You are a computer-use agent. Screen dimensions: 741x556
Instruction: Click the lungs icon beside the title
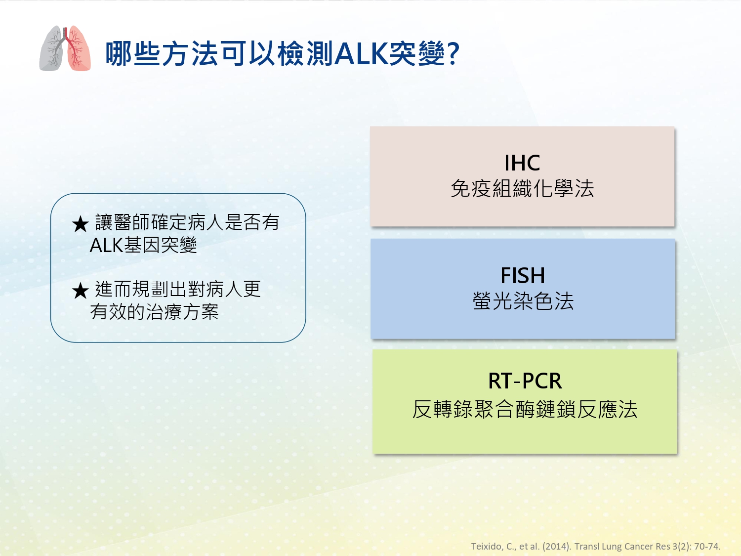click(x=65, y=48)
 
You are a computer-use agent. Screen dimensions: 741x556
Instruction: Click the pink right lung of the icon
click(x=79, y=49)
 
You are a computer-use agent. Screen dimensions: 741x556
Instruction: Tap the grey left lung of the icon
click(x=52, y=49)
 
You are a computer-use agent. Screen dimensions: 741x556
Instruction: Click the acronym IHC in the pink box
click(x=522, y=163)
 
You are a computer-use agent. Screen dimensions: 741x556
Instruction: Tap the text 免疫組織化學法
click(x=522, y=188)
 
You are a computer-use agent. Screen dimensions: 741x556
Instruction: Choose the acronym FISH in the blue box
click(x=523, y=275)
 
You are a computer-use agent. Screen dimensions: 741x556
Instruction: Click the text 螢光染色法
click(x=523, y=301)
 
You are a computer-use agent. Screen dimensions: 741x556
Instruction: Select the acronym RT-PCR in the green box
click(x=525, y=381)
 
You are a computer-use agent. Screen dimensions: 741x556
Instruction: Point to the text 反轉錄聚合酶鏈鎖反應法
click(x=525, y=410)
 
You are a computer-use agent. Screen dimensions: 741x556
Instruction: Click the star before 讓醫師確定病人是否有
click(x=81, y=224)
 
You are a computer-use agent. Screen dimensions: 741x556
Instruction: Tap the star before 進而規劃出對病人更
click(x=81, y=291)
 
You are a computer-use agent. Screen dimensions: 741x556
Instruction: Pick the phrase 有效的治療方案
click(x=154, y=311)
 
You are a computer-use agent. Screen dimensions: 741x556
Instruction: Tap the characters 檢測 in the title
click(x=305, y=54)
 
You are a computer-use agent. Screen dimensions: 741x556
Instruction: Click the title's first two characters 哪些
click(x=133, y=54)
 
